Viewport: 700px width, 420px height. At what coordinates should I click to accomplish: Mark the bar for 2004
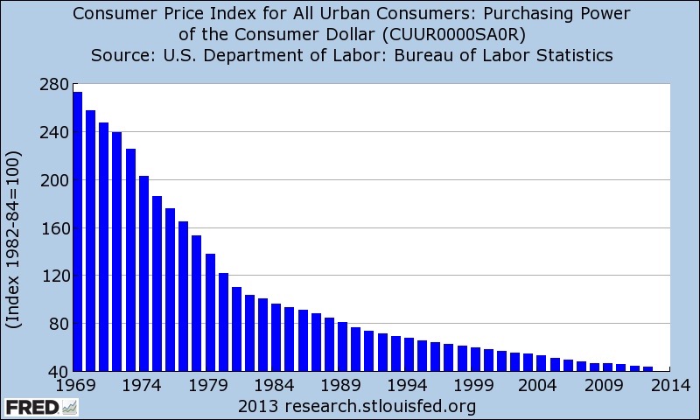coord(541,363)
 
